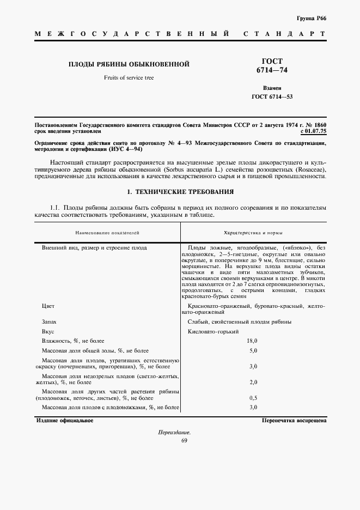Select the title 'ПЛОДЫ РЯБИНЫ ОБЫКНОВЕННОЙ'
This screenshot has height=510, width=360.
pyautogui.click(x=129, y=65)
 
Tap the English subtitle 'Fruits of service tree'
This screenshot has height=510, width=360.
pyautogui.click(x=129, y=78)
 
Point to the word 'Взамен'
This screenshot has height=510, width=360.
pyautogui.click(x=272, y=87)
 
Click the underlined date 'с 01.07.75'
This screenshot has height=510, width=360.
pyautogui.click(x=313, y=131)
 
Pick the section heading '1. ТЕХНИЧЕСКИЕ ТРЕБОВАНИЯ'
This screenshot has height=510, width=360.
pyautogui.click(x=180, y=192)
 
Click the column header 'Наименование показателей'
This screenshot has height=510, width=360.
pyautogui.click(x=107, y=233)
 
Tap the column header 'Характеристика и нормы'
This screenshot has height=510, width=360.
pyautogui.click(x=253, y=233)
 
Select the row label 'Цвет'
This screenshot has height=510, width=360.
pyautogui.click(x=48, y=306)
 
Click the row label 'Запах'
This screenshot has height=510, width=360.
pyautogui.click(x=50, y=322)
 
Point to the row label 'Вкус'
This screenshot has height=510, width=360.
pyautogui.click(x=48, y=331)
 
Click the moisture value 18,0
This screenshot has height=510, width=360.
pyautogui.click(x=253, y=341)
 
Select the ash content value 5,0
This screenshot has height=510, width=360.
pyautogui.click(x=253, y=350)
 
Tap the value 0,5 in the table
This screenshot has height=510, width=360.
pyautogui.click(x=253, y=398)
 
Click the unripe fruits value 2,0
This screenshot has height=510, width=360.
pyautogui.click(x=253, y=382)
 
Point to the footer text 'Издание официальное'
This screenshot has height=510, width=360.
pyautogui.click(x=65, y=421)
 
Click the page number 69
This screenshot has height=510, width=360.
pyautogui.click(x=184, y=441)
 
